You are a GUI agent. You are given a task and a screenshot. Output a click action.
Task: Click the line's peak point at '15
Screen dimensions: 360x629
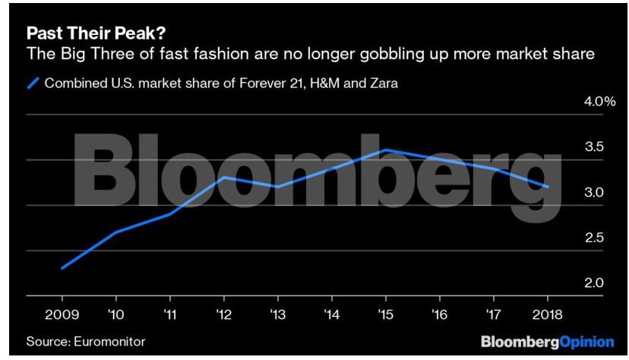[x=385, y=150]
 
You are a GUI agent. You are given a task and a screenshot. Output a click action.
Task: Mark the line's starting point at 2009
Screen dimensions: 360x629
[x=62, y=268]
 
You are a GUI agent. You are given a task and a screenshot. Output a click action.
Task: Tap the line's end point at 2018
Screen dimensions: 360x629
[x=547, y=187]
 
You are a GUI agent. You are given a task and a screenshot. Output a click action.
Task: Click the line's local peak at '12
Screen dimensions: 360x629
[x=223, y=177]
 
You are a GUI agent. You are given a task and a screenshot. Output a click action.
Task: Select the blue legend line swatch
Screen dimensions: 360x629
[x=33, y=83]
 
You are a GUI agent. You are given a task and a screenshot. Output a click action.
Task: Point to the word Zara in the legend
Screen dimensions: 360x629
[x=383, y=83]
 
